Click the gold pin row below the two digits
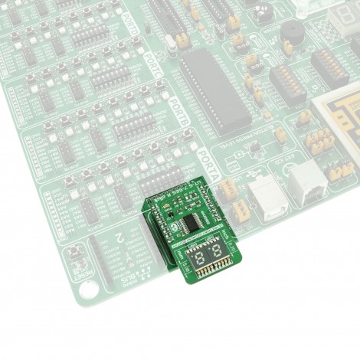209,270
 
